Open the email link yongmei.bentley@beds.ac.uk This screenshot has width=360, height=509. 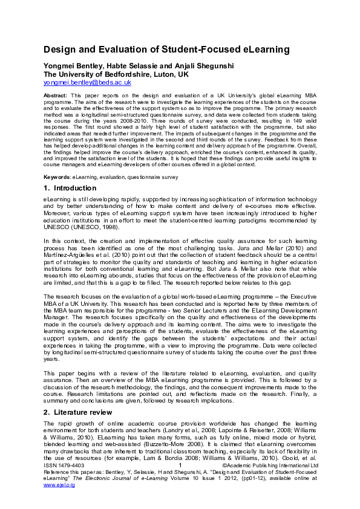point(87,82)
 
